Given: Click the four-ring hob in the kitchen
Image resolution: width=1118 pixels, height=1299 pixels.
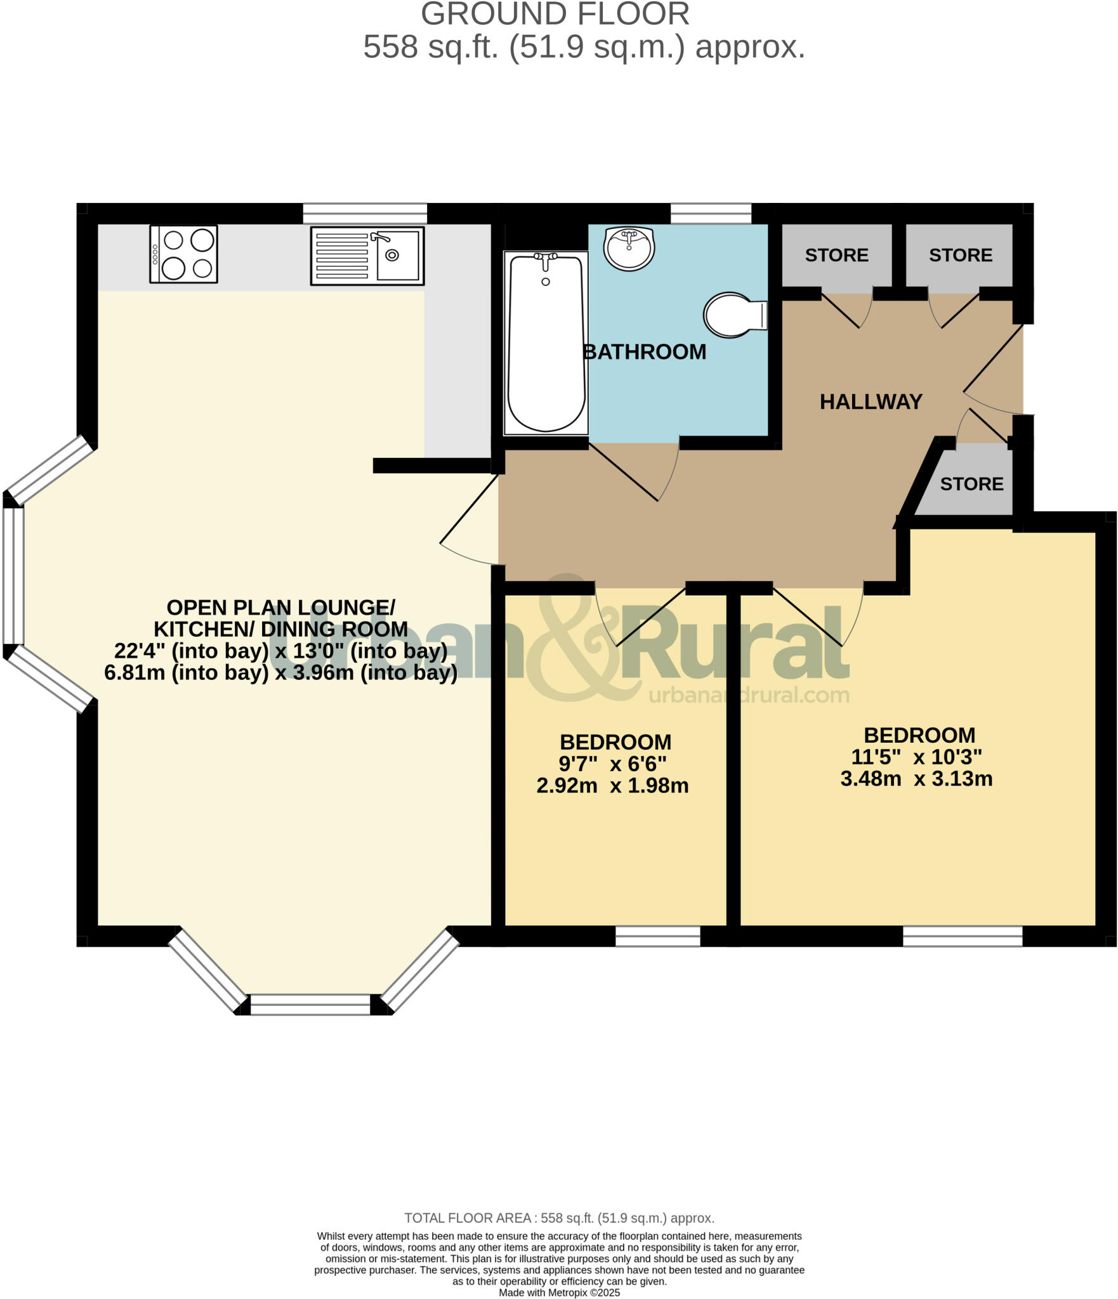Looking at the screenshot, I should click(x=183, y=254).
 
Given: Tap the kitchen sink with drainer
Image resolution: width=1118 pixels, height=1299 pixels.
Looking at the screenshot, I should click(x=367, y=256).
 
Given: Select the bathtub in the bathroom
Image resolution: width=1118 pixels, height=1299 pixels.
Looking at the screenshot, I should click(x=546, y=343).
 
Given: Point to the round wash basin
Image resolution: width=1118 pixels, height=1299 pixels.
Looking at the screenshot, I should click(x=629, y=248).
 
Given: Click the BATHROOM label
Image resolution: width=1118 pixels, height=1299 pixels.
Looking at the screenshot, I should click(x=644, y=352).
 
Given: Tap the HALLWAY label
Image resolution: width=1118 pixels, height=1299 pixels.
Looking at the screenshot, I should click(x=871, y=401).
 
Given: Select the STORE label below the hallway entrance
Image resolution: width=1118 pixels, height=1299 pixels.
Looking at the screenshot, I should click(x=971, y=484).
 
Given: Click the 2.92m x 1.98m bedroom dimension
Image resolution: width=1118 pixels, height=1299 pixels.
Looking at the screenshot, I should click(x=612, y=786).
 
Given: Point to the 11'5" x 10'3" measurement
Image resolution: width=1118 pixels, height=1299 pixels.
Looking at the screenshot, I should click(x=916, y=757).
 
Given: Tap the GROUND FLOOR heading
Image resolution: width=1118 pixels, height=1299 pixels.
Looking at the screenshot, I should click(x=555, y=14).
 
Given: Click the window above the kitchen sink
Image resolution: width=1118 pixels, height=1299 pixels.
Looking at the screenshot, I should click(x=365, y=213).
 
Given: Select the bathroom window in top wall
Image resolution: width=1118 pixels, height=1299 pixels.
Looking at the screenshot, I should click(x=711, y=213).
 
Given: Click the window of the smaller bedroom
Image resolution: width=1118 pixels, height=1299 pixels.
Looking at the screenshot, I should click(x=657, y=936).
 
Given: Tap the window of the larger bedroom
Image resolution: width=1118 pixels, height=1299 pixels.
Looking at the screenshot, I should click(x=962, y=936).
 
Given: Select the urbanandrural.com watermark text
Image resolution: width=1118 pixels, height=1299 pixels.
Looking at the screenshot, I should click(x=748, y=695).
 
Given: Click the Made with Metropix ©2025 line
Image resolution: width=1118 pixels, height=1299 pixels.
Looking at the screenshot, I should click(x=558, y=1293).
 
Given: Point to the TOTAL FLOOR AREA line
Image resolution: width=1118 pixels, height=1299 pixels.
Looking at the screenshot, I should click(x=558, y=1218).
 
